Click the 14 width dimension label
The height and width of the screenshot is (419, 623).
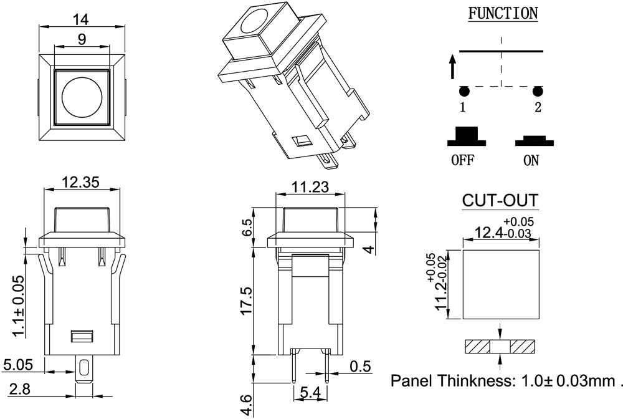[x=80, y=19]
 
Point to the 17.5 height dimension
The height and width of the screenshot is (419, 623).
[x=246, y=301]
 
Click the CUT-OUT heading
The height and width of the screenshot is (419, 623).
[x=500, y=201]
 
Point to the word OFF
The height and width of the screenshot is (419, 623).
[x=462, y=160]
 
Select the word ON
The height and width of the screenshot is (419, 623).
[x=531, y=160]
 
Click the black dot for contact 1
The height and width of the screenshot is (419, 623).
[x=463, y=91]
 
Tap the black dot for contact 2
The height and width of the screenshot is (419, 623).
[x=537, y=91]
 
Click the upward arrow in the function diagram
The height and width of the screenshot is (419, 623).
[x=453, y=66]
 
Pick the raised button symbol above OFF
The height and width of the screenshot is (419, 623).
[x=463, y=137]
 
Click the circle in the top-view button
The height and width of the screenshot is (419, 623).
[x=82, y=98]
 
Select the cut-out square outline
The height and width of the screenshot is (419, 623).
[x=500, y=284]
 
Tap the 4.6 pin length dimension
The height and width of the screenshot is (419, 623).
[x=246, y=405]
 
